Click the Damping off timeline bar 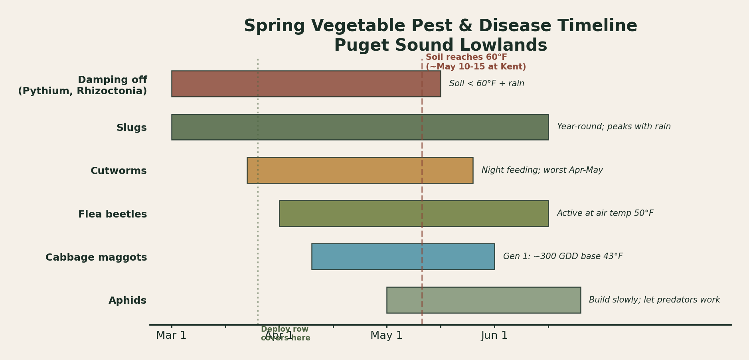pos(306,84)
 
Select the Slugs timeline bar pos(360,127)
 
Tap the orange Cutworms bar pos(360,170)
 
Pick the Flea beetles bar pos(413,214)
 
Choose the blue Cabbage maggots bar pos(403,257)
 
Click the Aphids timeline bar pos(483,300)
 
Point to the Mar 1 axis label pos(171,336)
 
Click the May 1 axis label pos(386,336)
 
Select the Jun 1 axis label pos(494,336)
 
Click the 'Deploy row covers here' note pos(285,334)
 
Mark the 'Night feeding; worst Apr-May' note pos(542,170)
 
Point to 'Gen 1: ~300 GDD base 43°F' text pos(563,257)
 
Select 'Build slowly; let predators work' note pos(654,300)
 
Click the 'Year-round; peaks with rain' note pos(613,127)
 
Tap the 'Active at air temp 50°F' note pos(605,214)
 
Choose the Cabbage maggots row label pos(96,258)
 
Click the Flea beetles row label pos(113,215)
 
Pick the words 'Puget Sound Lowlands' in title pos(440,45)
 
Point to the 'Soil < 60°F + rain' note pos(486,84)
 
